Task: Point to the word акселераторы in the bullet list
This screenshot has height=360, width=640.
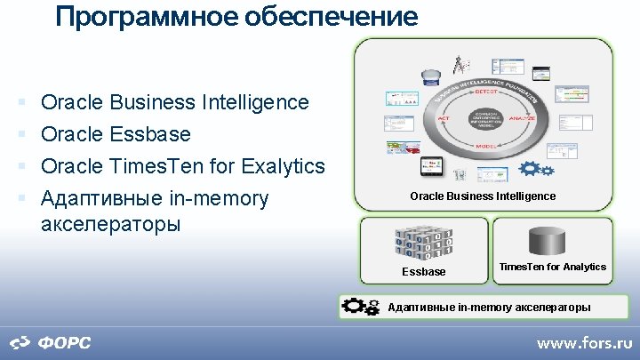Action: [110, 223]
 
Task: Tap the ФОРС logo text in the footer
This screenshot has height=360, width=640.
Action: [63, 343]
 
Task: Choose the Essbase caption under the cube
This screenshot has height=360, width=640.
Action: [424, 271]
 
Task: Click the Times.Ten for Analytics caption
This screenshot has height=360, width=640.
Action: [552, 267]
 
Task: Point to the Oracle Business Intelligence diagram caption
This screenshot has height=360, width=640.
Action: [483, 196]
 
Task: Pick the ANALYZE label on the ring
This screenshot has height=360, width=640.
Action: [523, 116]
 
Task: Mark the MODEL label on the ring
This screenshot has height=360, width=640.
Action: [486, 146]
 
